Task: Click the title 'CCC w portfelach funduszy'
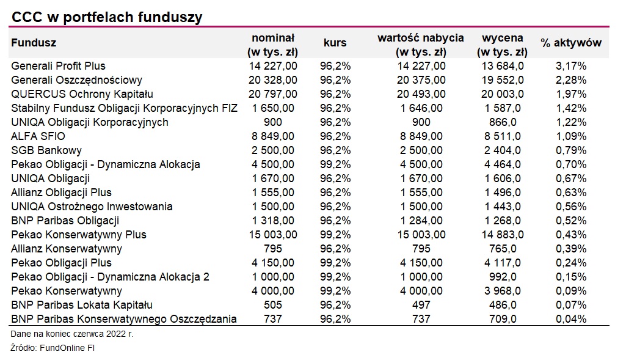point(106,17)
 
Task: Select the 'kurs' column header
point(335,43)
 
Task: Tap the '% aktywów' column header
point(570,43)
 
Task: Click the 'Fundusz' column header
point(34,43)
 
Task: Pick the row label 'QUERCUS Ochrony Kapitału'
point(82,94)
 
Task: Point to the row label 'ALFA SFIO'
point(38,136)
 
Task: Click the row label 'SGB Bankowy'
point(46,150)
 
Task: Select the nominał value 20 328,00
point(273,80)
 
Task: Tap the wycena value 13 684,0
point(500,66)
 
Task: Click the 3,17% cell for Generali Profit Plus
point(570,66)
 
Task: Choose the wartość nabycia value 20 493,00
point(421,94)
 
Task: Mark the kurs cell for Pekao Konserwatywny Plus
point(335,235)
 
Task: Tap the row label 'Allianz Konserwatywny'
point(67,249)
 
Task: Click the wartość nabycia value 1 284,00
point(421,221)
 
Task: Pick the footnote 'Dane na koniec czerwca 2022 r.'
point(72,334)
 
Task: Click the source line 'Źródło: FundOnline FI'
point(53,348)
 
